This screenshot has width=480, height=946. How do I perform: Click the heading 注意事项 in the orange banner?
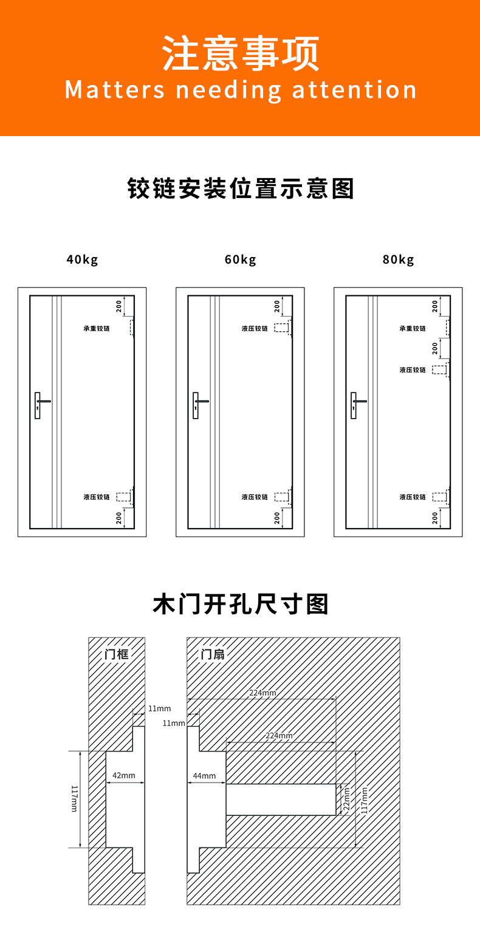click(x=241, y=53)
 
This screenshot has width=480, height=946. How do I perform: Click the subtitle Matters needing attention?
click(x=241, y=90)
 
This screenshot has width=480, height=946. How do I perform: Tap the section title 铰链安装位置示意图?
click(x=241, y=189)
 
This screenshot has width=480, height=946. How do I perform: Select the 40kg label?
click(x=82, y=260)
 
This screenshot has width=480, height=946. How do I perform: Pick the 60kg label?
click(x=240, y=260)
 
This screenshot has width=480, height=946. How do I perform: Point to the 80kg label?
click(x=398, y=260)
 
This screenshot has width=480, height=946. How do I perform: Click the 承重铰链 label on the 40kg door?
click(x=97, y=329)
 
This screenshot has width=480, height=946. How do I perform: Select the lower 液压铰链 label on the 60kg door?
click(x=255, y=497)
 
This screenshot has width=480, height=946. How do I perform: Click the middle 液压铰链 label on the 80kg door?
click(x=413, y=370)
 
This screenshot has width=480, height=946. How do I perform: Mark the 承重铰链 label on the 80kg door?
click(x=413, y=329)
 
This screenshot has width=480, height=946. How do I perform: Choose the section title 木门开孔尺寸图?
click(x=241, y=605)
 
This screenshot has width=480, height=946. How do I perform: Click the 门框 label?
click(x=116, y=654)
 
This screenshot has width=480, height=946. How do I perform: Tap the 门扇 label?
click(x=213, y=654)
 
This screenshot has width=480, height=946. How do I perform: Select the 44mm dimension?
click(x=204, y=776)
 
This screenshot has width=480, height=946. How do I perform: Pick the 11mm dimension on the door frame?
click(x=160, y=708)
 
